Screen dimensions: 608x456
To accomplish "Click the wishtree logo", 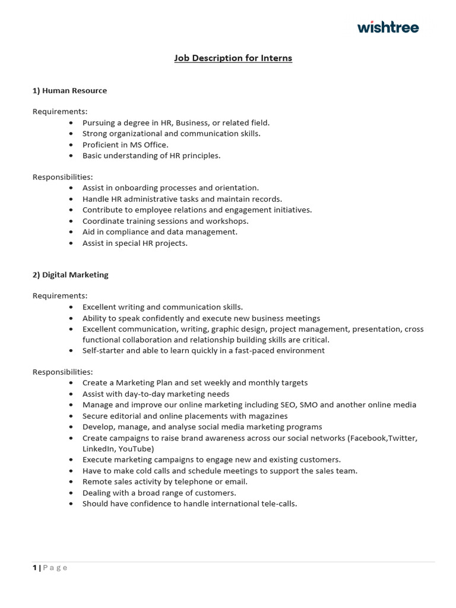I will click(388, 27).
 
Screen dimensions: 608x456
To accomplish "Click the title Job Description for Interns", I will click(233, 58).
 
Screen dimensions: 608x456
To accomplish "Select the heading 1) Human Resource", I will click(69, 91).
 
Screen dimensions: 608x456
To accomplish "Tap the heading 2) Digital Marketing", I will click(70, 275).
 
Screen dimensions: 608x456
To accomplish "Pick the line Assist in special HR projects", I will click(135, 243).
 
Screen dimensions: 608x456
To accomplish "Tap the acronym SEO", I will click(286, 404).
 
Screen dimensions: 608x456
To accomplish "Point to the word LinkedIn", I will click(97, 448).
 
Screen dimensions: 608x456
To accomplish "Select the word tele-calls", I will click(277, 503).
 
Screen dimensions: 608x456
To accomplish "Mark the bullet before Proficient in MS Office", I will click(71, 145).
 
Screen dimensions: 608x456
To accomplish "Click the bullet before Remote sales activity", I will click(71, 482).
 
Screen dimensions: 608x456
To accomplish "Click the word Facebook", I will click(369, 438).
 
